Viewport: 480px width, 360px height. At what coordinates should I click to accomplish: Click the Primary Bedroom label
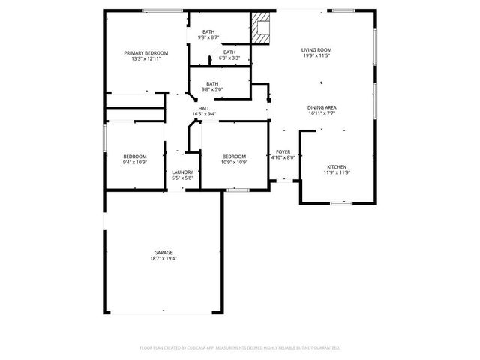pos(146,53)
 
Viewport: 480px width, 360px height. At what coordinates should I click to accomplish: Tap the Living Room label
pos(316,50)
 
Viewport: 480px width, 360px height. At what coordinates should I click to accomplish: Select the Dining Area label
pos(322,108)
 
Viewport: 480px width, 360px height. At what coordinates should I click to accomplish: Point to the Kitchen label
pos(337,166)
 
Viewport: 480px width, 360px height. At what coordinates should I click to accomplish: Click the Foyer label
pos(283,151)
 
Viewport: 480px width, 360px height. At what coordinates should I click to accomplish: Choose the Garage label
pos(163,252)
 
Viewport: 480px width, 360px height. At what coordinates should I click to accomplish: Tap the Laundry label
pos(183,172)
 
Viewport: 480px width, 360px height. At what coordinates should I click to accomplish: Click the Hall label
pos(204,109)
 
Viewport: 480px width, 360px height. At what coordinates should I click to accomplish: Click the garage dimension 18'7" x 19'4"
pos(163,258)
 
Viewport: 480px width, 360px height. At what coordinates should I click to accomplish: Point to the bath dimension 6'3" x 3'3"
pos(229,58)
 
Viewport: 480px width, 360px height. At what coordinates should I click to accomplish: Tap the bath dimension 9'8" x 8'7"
pos(208,37)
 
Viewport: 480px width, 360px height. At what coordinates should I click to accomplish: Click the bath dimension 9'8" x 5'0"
pos(213,89)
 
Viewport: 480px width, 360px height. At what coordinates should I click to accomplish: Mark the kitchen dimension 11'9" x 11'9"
pos(337,172)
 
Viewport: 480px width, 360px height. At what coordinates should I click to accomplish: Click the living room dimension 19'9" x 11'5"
pos(316,55)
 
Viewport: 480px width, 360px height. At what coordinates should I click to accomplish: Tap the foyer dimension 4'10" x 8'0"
pos(283,157)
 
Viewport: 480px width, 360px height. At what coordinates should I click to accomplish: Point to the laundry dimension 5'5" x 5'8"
pos(183,178)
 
